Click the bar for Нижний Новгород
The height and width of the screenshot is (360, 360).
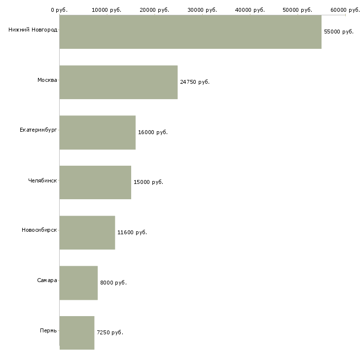point(190,32)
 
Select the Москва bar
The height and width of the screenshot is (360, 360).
point(118,82)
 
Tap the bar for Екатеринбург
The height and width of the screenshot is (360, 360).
point(97,133)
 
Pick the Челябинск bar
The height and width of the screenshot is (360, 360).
point(95,182)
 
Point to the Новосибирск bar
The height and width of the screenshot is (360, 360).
point(87,233)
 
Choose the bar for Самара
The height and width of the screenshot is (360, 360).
point(78,283)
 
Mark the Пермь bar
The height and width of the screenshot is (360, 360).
point(77,333)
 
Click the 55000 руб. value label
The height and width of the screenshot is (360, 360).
point(339,32)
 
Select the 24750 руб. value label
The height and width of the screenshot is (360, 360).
point(195,82)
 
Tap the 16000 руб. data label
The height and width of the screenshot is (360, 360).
point(153,132)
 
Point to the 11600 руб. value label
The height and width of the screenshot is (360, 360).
point(132,232)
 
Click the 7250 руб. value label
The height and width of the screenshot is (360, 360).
point(110,332)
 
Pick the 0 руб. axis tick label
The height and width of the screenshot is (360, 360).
point(59,10)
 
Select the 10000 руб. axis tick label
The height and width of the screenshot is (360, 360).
point(107,10)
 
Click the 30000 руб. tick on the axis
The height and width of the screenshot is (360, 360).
point(202,10)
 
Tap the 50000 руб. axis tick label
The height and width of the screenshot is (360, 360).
point(297,10)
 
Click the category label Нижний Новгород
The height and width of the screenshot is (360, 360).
point(33,30)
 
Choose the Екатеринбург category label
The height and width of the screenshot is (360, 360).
point(38,130)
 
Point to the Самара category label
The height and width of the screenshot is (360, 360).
point(47,280)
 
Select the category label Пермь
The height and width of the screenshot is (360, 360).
point(48,330)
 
